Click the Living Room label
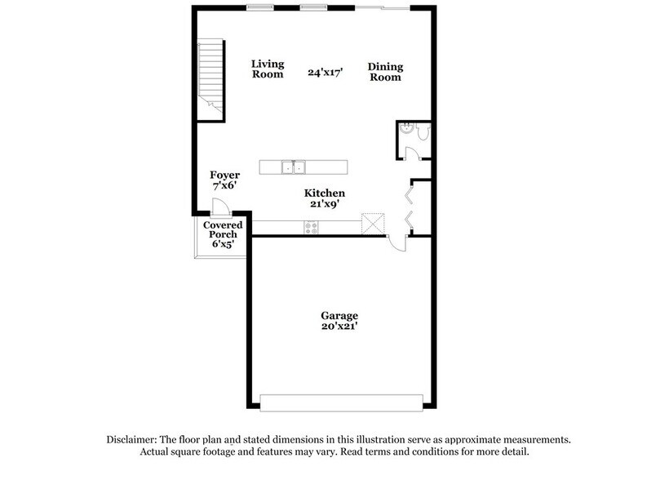[x=267, y=69]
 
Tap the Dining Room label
[x=385, y=72]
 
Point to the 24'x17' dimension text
[x=326, y=73]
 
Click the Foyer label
[x=224, y=175]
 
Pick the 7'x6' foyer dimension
[x=224, y=187]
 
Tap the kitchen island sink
[x=293, y=167]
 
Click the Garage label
[x=340, y=315]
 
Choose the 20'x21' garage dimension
[x=340, y=327]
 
